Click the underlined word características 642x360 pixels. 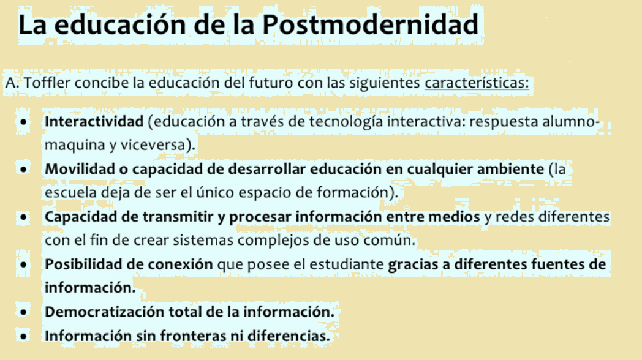click(x=477, y=83)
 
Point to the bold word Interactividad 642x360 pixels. click(x=93, y=121)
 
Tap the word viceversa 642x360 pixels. click(x=159, y=145)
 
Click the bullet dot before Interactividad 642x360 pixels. click(x=23, y=122)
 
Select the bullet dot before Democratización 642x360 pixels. click(x=23, y=312)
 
